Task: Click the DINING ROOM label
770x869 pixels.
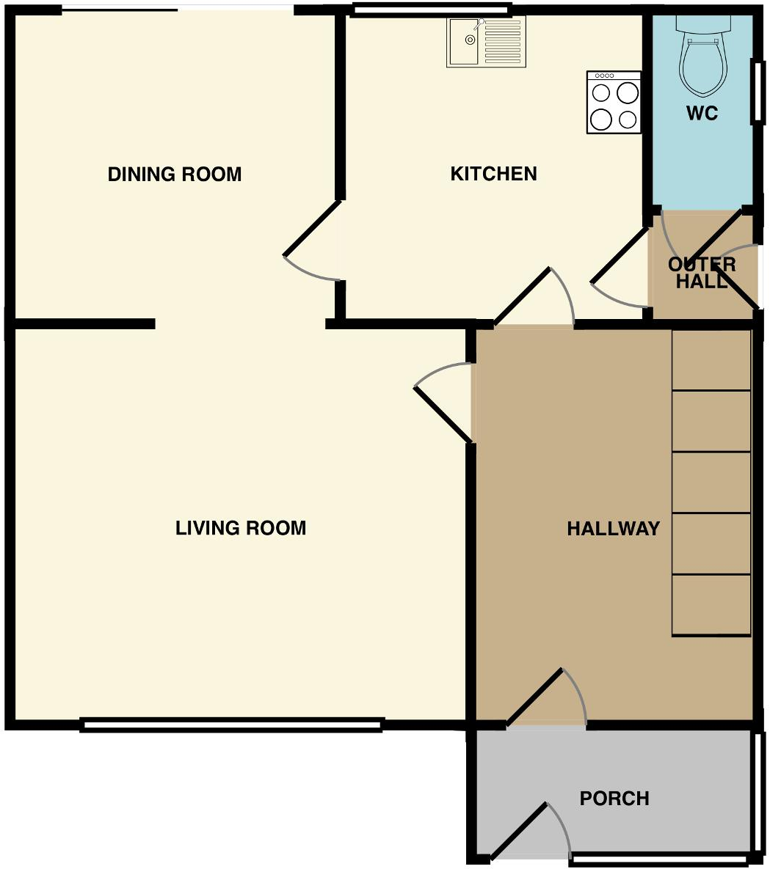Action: [x=175, y=175]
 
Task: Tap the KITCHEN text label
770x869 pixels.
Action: [x=493, y=174]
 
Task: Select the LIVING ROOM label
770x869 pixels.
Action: [x=240, y=528]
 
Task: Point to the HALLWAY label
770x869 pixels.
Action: [x=613, y=529]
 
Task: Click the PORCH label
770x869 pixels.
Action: [x=614, y=799]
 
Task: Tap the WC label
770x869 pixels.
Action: [x=702, y=114]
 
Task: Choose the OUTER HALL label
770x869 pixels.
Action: [x=702, y=273]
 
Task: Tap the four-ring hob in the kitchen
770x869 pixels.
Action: [x=614, y=103]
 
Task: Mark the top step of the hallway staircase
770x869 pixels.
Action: [x=711, y=359]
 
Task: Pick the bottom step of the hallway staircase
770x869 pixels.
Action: [x=711, y=606]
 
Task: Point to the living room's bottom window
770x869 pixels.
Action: [x=231, y=725]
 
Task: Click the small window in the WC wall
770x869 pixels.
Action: [x=755, y=92]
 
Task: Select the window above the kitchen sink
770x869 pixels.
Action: [x=431, y=10]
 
